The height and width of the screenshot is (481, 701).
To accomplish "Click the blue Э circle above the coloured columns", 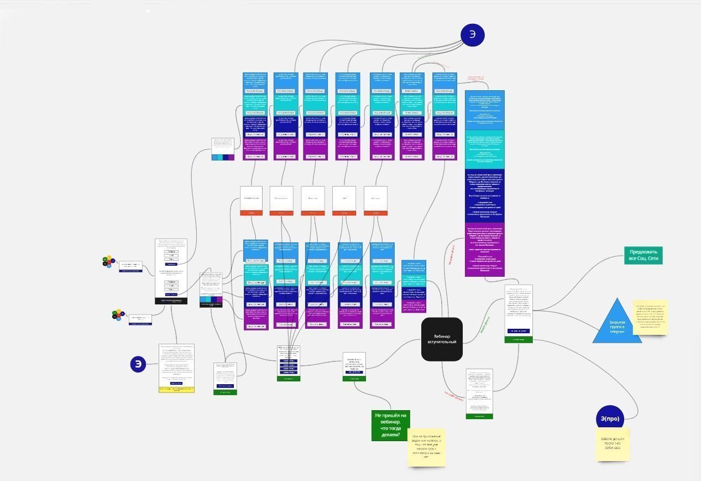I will pos(472,34).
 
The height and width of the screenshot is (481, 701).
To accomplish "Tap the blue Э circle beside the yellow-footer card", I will pos(138,364).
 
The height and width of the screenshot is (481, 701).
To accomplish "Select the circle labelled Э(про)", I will pos(610,419).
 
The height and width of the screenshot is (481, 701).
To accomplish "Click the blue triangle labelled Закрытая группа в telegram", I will pos(617,324).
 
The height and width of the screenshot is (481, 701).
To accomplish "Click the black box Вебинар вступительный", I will pos(442,339).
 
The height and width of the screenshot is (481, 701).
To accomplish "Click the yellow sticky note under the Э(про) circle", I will pos(613,444).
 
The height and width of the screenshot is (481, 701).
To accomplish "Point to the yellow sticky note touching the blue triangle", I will pos(651,319).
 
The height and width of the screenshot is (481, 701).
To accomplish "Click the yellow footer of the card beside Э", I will pos(176,390).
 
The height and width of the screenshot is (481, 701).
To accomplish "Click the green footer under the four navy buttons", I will pos(289,379).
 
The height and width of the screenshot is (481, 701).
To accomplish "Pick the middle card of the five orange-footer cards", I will pos(312,212).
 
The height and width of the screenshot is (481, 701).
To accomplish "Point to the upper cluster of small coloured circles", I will pos(109,261).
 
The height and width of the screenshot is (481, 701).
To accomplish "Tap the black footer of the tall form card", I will pos(171,301).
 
